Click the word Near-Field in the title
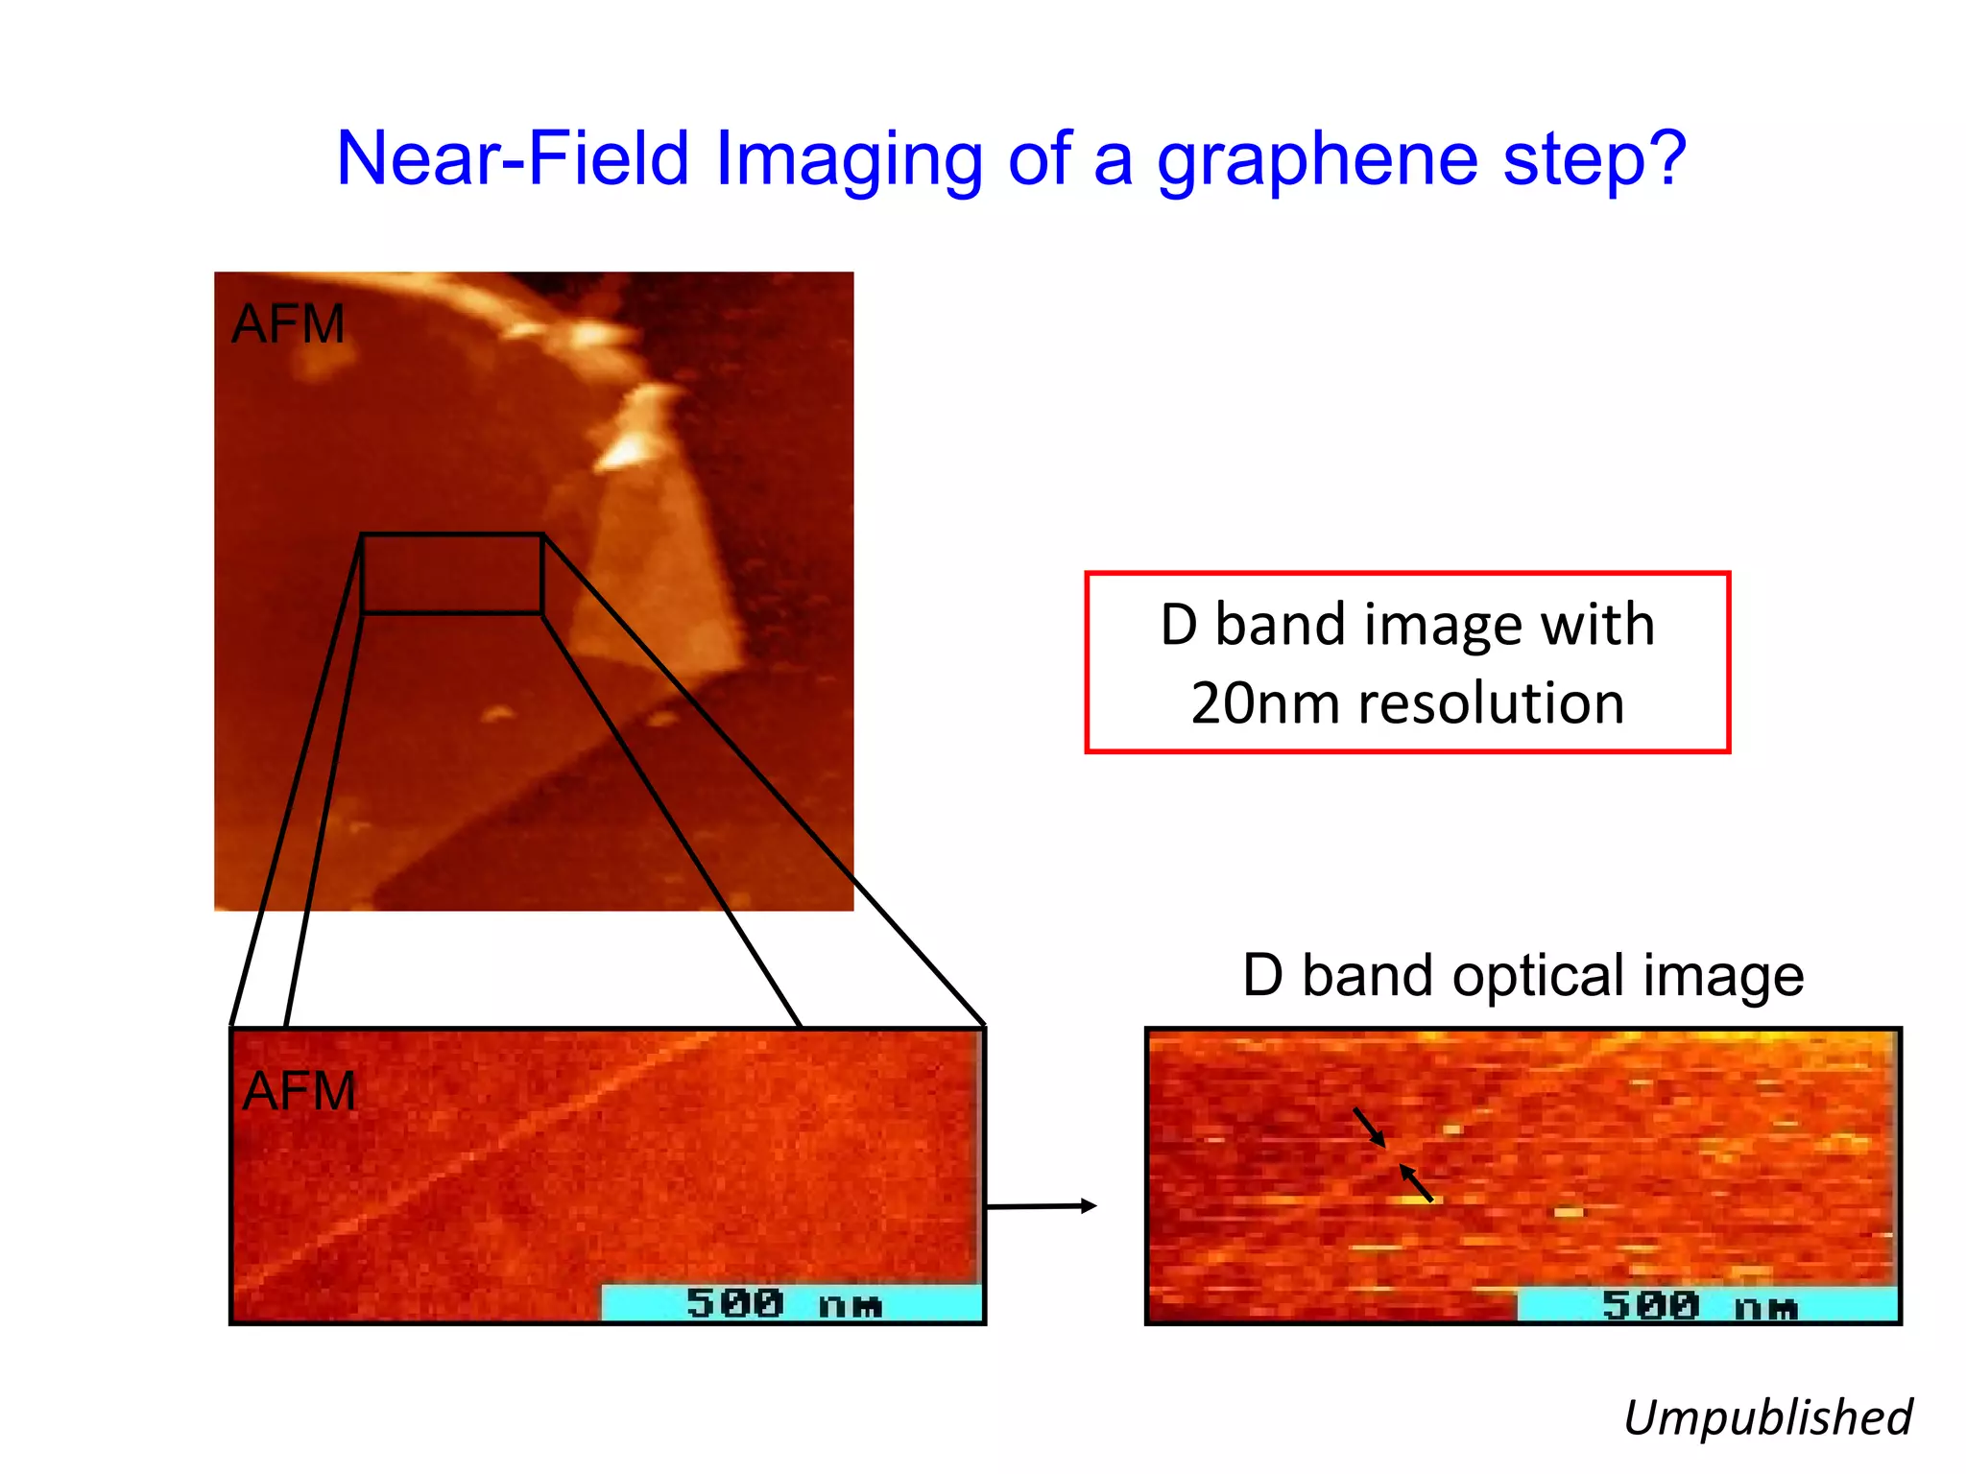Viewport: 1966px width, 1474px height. click(513, 158)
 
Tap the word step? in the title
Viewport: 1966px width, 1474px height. click(1594, 158)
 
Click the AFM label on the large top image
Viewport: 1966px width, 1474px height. click(288, 324)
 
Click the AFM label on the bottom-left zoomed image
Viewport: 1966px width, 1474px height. click(299, 1091)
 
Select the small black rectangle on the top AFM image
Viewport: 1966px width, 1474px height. click(452, 574)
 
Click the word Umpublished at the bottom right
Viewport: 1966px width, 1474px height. click(1767, 1417)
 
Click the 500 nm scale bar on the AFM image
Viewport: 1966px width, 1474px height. click(791, 1303)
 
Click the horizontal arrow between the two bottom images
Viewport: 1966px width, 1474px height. click(1042, 1206)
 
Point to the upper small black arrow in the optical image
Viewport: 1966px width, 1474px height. click(1370, 1129)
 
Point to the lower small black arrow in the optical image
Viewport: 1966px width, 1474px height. click(1416, 1183)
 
